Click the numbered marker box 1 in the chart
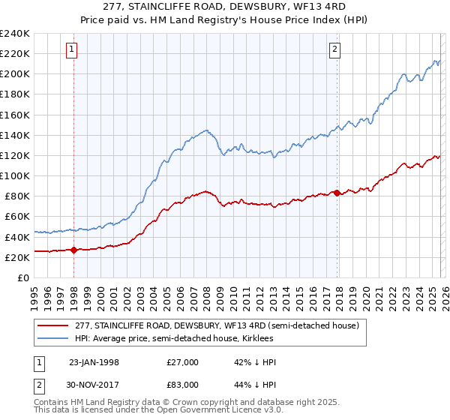(x=71, y=50)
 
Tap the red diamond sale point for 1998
(x=74, y=250)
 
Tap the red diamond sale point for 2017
(x=337, y=193)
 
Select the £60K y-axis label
(x=17, y=216)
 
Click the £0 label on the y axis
(x=24, y=277)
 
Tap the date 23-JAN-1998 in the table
(x=94, y=362)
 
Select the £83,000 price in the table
(x=182, y=384)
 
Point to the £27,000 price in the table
(x=182, y=362)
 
